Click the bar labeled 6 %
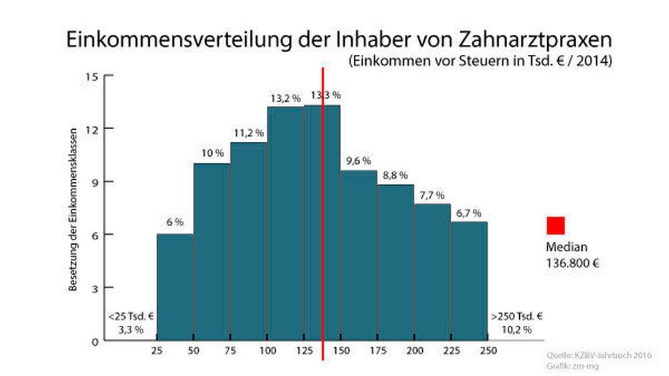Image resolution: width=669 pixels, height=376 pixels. [x=175, y=288]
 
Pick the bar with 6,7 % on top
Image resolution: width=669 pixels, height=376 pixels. [x=469, y=281]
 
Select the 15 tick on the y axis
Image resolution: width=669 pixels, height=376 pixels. [x=92, y=76]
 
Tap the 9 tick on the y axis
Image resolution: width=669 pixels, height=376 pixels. [x=94, y=181]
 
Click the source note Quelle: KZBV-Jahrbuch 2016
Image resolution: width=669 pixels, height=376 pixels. [x=600, y=355]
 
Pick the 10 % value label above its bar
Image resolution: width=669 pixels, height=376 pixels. [x=212, y=153]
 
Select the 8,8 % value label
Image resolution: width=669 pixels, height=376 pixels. [x=395, y=176]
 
